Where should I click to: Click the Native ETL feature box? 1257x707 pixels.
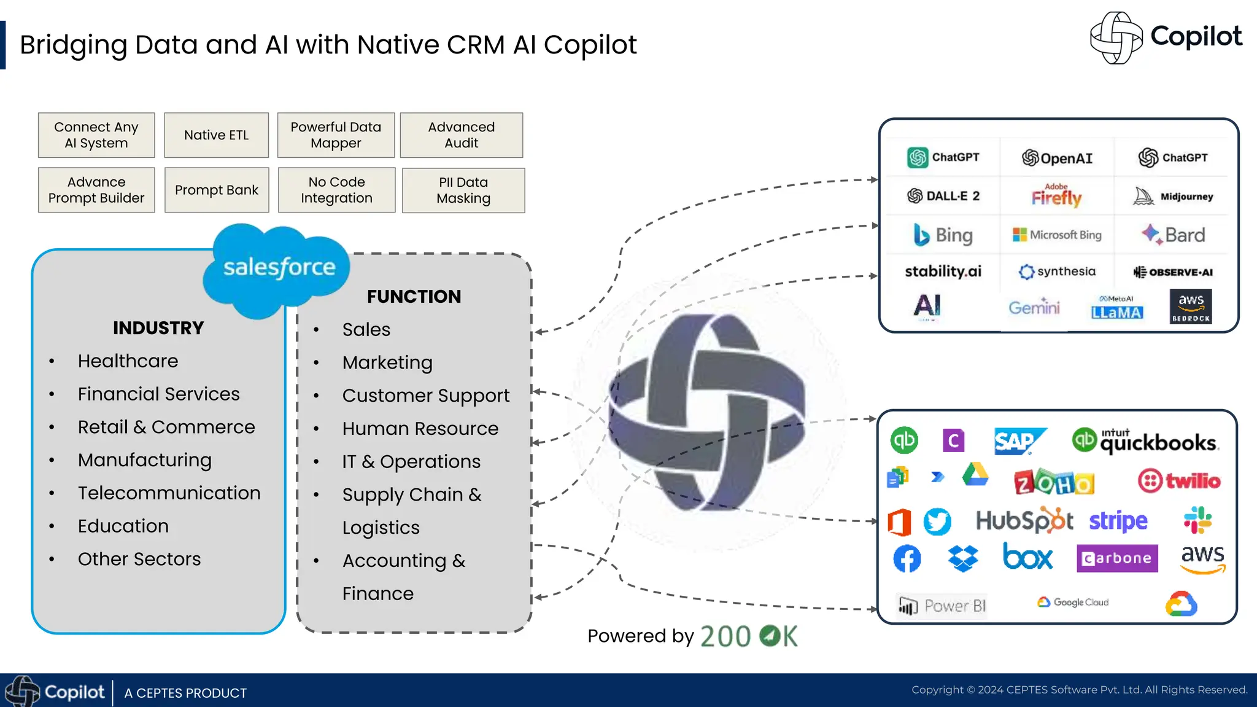click(x=216, y=135)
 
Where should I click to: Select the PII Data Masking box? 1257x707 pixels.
click(x=463, y=190)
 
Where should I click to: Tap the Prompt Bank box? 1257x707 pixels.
click(x=217, y=190)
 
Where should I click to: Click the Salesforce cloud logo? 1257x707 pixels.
click(x=277, y=268)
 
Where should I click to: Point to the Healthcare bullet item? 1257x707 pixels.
click(x=128, y=361)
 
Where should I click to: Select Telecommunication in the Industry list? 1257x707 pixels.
click(x=169, y=493)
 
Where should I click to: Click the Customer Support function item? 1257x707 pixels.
click(x=425, y=396)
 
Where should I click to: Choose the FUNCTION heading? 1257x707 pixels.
click(x=414, y=297)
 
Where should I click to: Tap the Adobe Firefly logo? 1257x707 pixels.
click(x=1056, y=196)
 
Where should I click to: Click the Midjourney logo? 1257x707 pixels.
click(x=1173, y=197)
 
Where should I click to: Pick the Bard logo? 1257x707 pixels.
click(x=1173, y=235)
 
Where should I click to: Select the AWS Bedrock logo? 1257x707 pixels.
click(x=1191, y=306)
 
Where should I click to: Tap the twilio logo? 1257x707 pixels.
click(x=1179, y=481)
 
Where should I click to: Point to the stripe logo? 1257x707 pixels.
click(x=1118, y=521)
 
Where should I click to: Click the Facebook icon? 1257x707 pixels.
click(x=907, y=558)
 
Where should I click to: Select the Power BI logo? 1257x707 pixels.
click(x=942, y=606)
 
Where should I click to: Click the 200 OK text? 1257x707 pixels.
click(x=749, y=636)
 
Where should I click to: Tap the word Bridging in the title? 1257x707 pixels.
click(x=73, y=45)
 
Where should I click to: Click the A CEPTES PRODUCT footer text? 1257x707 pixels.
click(x=185, y=693)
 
